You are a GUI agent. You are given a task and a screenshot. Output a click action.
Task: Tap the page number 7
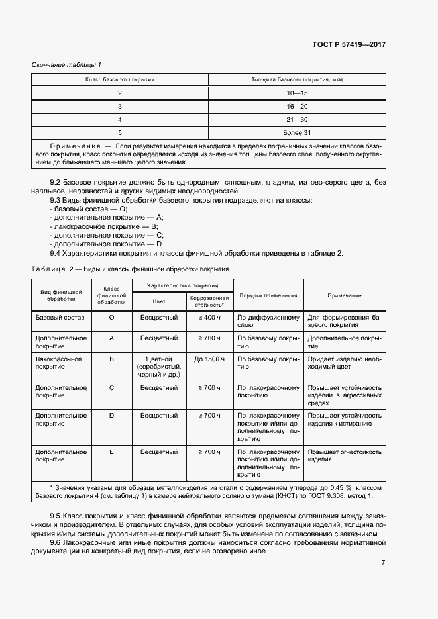(383, 563)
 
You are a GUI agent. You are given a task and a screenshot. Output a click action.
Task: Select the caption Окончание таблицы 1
(66, 64)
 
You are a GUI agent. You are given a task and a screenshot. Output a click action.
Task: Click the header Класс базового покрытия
(120, 79)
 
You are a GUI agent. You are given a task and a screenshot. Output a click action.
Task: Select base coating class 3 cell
(120, 107)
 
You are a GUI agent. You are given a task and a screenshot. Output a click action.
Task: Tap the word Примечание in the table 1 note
(74, 144)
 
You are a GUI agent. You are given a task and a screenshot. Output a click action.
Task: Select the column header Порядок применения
(268, 296)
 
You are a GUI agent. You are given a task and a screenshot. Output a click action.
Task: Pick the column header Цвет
(159, 300)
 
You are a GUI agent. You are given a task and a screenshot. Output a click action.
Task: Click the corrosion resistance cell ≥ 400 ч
(208, 318)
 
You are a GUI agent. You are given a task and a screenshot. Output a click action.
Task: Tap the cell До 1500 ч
(208, 359)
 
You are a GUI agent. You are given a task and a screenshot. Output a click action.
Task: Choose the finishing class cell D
(111, 415)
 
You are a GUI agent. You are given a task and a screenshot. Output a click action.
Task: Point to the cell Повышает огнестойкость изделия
(344, 455)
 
